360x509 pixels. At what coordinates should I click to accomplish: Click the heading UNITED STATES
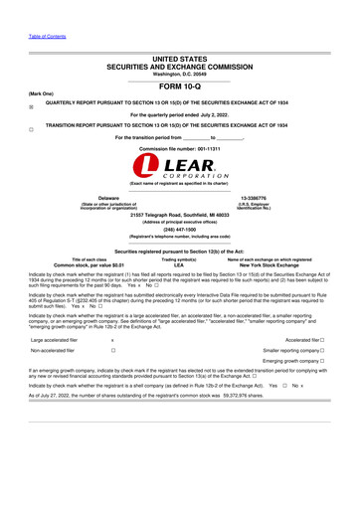point(179,61)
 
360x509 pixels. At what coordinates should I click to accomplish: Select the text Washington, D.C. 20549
point(179,76)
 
